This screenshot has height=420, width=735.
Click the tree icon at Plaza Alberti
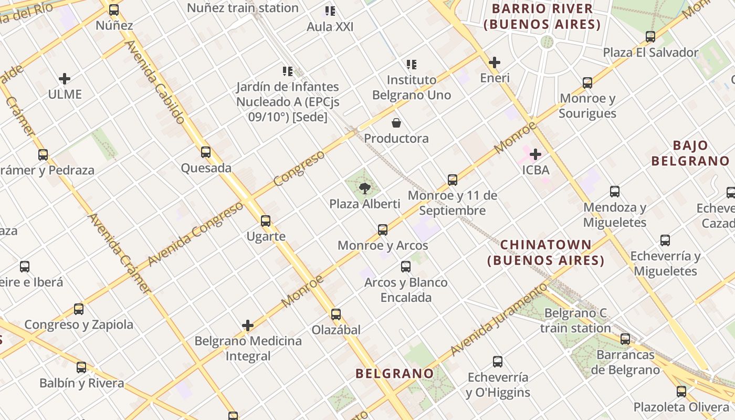pyautogui.click(x=364, y=188)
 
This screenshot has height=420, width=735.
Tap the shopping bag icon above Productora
pyautogui.click(x=396, y=123)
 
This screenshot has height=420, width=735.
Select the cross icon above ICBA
pyautogui.click(x=535, y=154)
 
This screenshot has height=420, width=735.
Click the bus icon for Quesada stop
pyautogui.click(x=206, y=152)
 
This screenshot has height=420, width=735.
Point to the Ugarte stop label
pyautogui.click(x=266, y=236)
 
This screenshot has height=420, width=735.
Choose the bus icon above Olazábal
pyautogui.click(x=336, y=314)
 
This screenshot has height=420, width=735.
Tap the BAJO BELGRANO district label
pyautogui.click(x=690, y=153)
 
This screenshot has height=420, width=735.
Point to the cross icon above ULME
pyautogui.click(x=65, y=79)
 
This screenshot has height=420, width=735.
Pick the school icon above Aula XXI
pyautogui.click(x=330, y=11)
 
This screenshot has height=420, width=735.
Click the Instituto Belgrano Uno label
pyautogui.click(x=412, y=87)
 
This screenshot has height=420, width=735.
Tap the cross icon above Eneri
pyautogui.click(x=494, y=62)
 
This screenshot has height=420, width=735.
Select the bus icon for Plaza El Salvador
pyautogui.click(x=650, y=37)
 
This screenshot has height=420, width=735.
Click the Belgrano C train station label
pyautogui.click(x=575, y=321)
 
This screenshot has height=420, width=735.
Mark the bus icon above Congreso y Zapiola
pyautogui.click(x=79, y=309)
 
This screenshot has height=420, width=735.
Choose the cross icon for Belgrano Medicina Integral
pyautogui.click(x=248, y=325)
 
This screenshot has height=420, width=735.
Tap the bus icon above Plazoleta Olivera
pyautogui.click(x=681, y=391)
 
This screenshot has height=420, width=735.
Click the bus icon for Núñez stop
pyautogui.click(x=114, y=10)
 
